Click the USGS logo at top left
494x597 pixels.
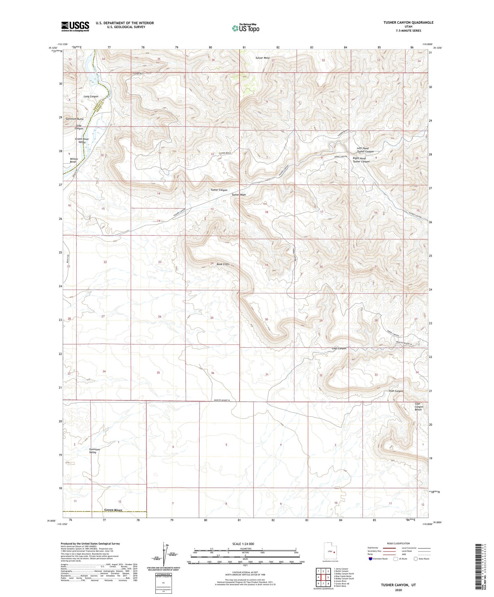click(x=75, y=26)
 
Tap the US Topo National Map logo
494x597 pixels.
click(x=246, y=28)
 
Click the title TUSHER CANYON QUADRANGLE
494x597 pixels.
click(x=408, y=22)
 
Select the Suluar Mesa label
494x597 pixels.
click(x=262, y=58)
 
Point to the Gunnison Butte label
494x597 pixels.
click(x=75, y=119)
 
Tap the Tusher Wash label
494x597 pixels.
click(x=239, y=195)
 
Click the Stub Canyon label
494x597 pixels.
click(x=396, y=391)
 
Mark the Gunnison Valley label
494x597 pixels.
click(x=95, y=451)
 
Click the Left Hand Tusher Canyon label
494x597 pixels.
click(x=365, y=150)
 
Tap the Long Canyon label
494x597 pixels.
click(x=91, y=96)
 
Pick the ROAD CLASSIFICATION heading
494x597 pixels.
click(x=398, y=543)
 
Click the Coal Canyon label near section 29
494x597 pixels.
click(x=339, y=348)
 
